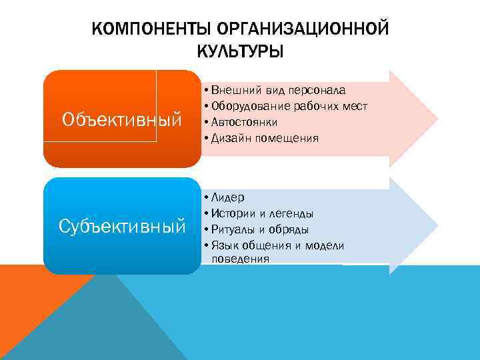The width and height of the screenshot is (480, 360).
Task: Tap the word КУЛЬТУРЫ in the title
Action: (240, 51)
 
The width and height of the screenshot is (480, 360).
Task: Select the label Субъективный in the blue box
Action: (122, 227)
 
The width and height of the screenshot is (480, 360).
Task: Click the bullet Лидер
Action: (227, 197)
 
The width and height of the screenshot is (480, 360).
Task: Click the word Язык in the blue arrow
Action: (224, 245)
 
